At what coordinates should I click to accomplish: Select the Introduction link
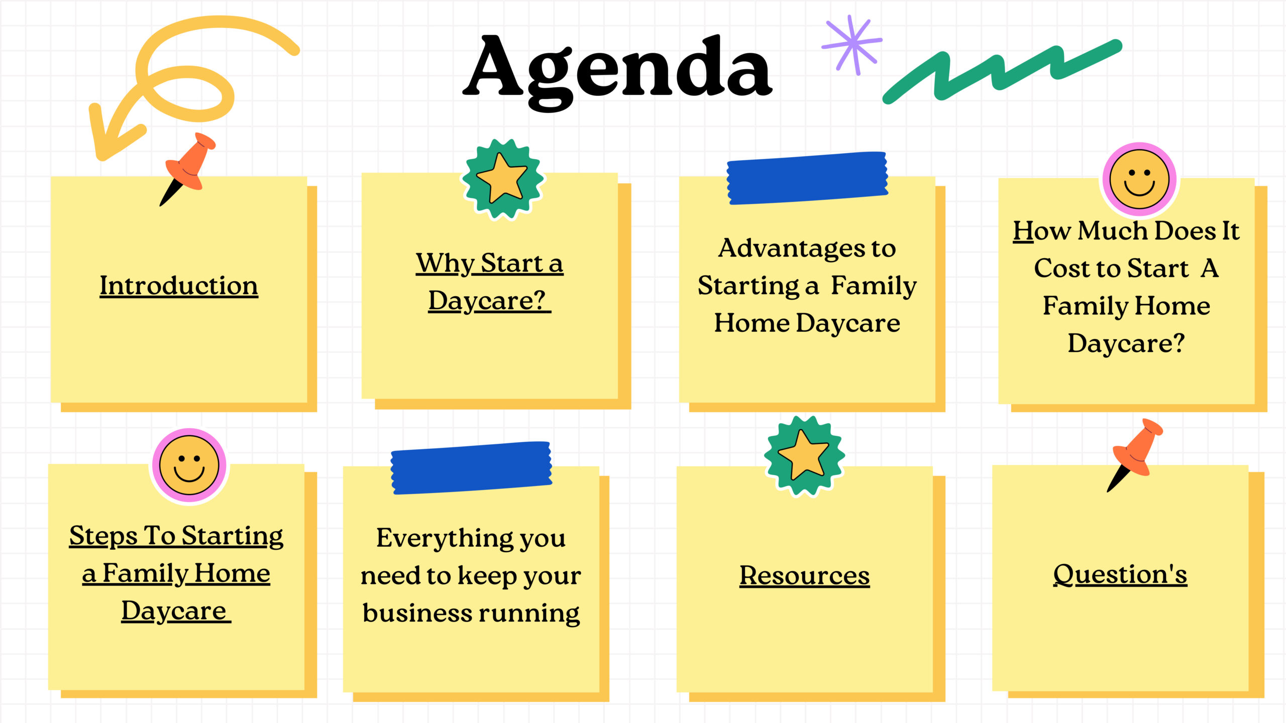(x=179, y=286)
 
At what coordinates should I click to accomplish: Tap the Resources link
(x=804, y=575)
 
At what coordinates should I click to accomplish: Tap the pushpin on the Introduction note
(x=187, y=169)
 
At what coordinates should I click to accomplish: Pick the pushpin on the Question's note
(x=1135, y=454)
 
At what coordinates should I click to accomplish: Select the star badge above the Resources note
(x=804, y=456)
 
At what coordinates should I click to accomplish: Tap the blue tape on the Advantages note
(x=807, y=178)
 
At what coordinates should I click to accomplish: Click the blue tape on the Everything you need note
(x=471, y=468)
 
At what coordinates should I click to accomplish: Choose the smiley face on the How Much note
(x=1139, y=179)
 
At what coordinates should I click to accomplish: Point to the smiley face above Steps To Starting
(x=189, y=465)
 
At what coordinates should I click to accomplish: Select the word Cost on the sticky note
(x=1061, y=268)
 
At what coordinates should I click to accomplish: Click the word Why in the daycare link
(x=445, y=264)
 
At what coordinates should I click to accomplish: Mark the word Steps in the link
(x=103, y=536)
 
